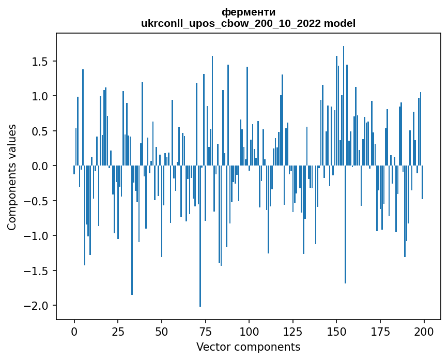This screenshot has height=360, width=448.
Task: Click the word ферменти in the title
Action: coord(248,12)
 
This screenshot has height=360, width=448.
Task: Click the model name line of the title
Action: coord(248,23)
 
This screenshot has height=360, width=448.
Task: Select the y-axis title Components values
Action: coord(11,177)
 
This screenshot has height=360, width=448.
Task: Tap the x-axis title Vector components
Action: coord(248,347)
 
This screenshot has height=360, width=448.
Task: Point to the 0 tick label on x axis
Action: coord(74,331)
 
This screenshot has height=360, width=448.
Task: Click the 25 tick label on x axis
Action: coord(118,331)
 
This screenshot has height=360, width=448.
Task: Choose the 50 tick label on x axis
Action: coord(162,331)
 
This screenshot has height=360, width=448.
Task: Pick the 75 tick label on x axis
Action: coord(205,331)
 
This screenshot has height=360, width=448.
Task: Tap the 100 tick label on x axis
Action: coord(249,331)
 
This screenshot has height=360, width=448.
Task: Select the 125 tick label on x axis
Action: coord(293,331)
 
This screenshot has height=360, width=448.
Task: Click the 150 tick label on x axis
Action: coord(336,331)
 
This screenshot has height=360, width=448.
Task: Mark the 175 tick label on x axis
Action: coord(380,331)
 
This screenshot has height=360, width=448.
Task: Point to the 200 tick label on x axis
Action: coord(424,331)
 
